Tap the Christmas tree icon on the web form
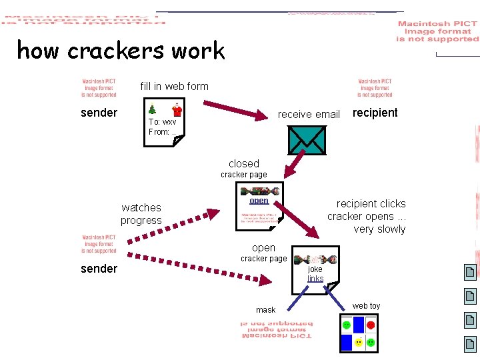[153, 109]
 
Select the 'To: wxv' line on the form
[162, 122]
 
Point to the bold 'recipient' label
[375, 112]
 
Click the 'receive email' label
[309, 114]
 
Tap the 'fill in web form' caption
[174, 86]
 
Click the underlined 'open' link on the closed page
[259, 201]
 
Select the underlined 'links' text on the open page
[315, 279]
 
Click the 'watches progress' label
[141, 214]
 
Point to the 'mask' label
[265, 310]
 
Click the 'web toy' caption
[366, 306]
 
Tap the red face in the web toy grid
[371, 325]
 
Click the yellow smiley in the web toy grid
[359, 343]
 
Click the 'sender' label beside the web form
[99, 113]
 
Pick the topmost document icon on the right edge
[470, 271]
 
